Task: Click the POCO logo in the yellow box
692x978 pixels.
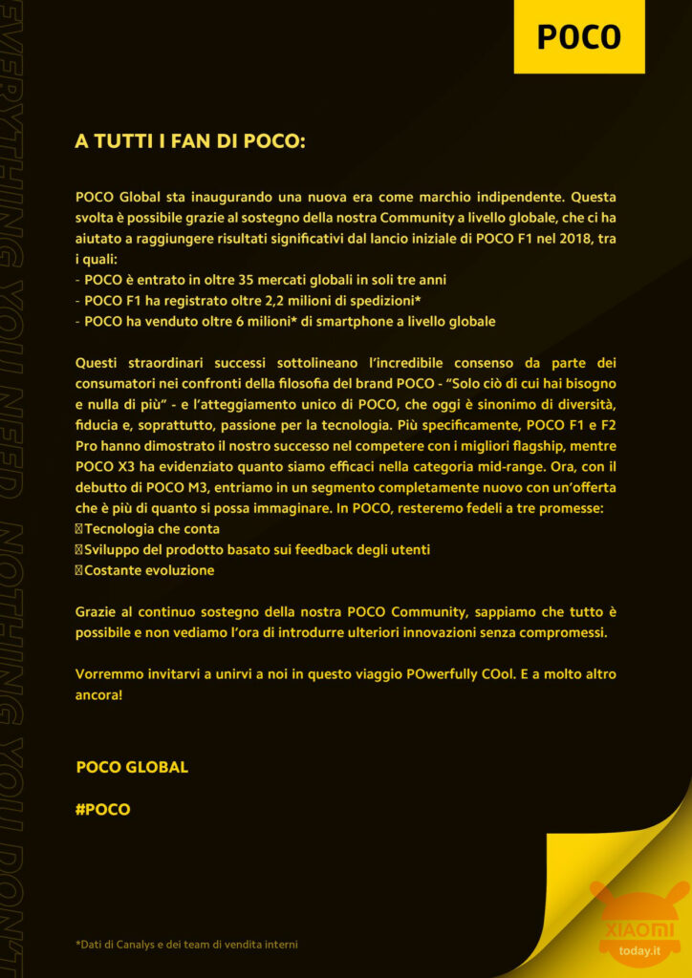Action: [578, 36]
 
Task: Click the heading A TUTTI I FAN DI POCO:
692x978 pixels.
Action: [189, 141]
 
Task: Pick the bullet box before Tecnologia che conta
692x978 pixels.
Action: [79, 529]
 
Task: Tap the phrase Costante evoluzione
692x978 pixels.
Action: [149, 570]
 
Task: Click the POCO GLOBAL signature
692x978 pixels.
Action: [132, 767]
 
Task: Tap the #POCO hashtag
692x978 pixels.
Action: [102, 809]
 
